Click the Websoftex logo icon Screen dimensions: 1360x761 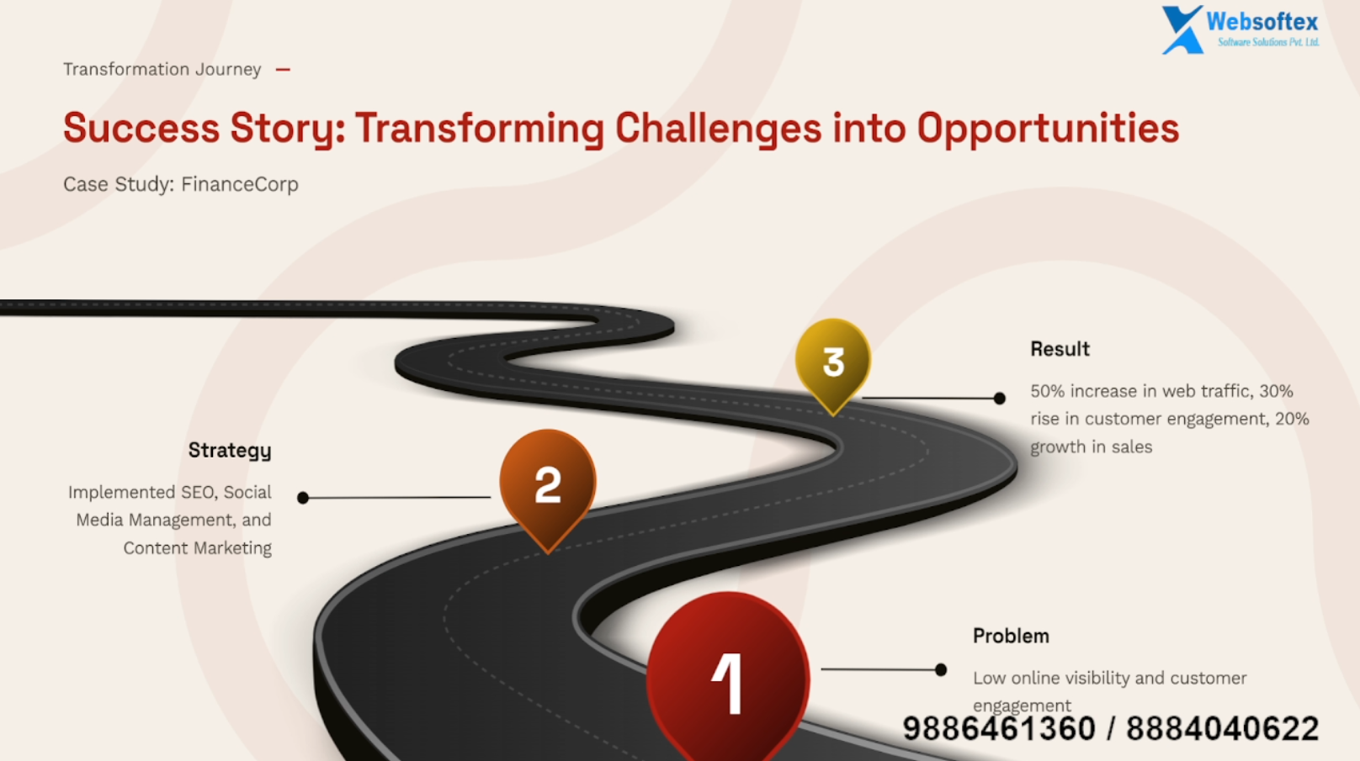[x=1182, y=29]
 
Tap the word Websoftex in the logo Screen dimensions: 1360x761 [x=1262, y=22]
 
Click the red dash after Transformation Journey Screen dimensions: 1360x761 [x=283, y=70]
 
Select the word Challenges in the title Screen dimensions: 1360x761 [x=718, y=129]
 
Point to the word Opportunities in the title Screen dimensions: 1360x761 [x=1048, y=129]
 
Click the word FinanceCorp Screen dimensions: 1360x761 [x=240, y=184]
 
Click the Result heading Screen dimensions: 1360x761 [x=1060, y=349]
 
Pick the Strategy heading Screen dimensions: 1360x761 [x=230, y=451]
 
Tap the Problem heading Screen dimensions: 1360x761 [x=1011, y=636]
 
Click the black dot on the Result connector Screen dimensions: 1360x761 [x=999, y=398]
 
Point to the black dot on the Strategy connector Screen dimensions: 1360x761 [x=303, y=498]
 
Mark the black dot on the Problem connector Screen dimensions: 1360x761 [x=940, y=669]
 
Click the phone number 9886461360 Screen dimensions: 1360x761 [x=999, y=728]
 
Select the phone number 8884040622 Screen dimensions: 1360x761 [x=1222, y=728]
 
